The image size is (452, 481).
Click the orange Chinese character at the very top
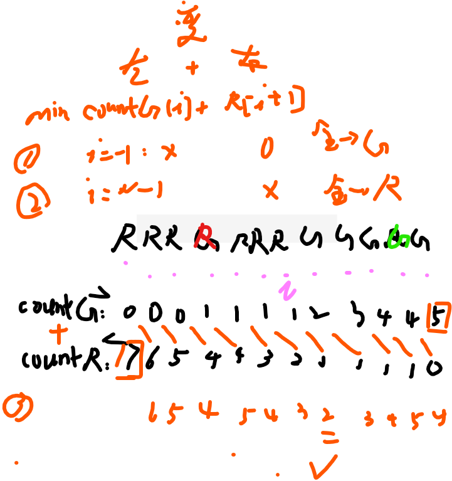coord(189,24)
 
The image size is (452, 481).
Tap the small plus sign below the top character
coord(192,67)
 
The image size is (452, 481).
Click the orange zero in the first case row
coord(267,149)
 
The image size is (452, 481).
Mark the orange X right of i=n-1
coord(271,189)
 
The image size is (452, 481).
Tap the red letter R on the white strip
coord(204,235)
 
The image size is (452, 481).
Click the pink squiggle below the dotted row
coord(287,290)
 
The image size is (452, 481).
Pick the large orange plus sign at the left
coord(59,333)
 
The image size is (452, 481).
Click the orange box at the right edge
coord(438,316)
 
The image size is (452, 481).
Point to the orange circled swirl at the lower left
coord(18,406)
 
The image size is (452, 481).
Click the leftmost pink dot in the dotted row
coord(125,263)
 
